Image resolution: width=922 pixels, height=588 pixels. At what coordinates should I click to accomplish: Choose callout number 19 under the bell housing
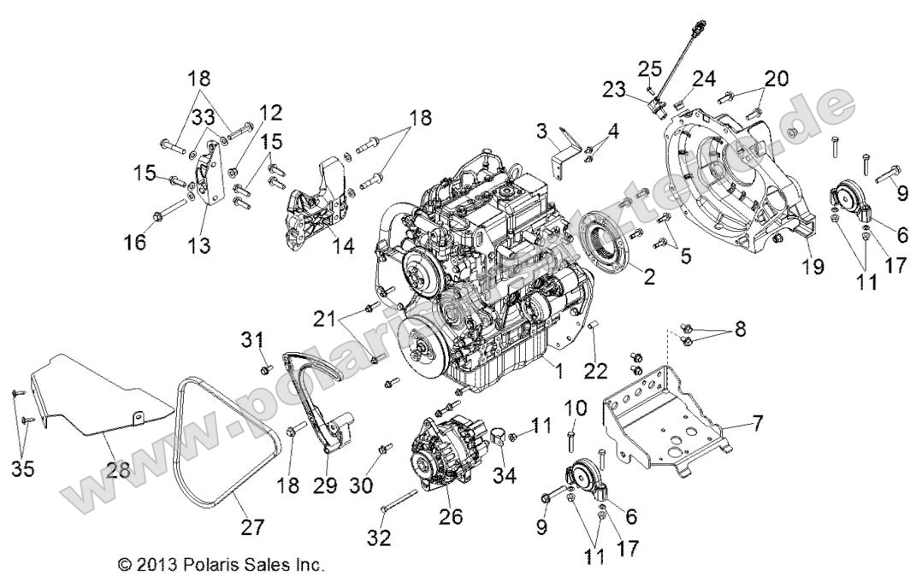[x=813, y=268]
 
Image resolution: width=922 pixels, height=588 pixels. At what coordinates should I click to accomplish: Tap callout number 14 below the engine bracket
[x=342, y=245]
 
